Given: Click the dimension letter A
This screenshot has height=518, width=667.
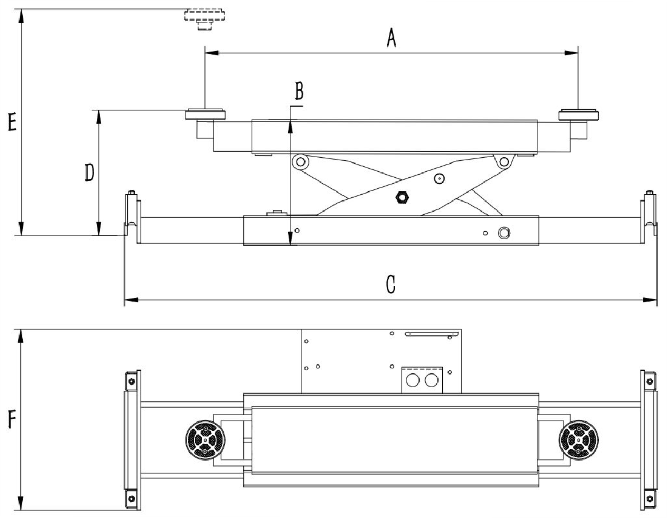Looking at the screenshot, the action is (392, 38).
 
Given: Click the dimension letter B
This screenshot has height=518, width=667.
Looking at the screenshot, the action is (299, 91).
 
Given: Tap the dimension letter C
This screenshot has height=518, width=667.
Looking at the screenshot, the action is (390, 284).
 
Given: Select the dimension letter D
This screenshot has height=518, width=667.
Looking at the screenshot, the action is (89, 172).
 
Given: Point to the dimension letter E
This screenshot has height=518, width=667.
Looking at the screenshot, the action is (12, 122).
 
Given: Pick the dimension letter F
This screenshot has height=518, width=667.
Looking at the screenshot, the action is (12, 419).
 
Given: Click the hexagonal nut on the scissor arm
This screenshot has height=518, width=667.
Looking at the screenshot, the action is (402, 197).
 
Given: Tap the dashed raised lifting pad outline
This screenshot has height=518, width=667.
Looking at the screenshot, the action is (204, 20).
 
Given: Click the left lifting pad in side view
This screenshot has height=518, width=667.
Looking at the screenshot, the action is (205, 114).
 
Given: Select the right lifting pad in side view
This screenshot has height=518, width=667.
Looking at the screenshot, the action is (578, 114).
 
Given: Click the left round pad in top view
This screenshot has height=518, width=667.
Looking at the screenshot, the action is (205, 440).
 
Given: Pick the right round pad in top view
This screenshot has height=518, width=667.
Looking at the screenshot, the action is (578, 440).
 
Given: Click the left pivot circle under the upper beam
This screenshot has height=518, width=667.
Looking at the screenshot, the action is (300, 161).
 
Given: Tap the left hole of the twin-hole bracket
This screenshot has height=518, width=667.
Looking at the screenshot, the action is (412, 380).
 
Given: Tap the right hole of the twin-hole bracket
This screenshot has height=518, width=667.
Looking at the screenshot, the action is (431, 380).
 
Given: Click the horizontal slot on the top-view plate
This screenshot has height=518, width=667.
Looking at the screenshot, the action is (432, 334).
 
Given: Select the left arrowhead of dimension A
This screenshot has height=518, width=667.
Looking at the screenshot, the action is (212, 53).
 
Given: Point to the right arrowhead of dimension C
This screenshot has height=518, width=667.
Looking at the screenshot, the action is (650, 300).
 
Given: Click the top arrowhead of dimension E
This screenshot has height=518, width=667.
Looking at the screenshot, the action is (21, 16).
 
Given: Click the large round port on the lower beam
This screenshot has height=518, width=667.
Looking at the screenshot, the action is (504, 233).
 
